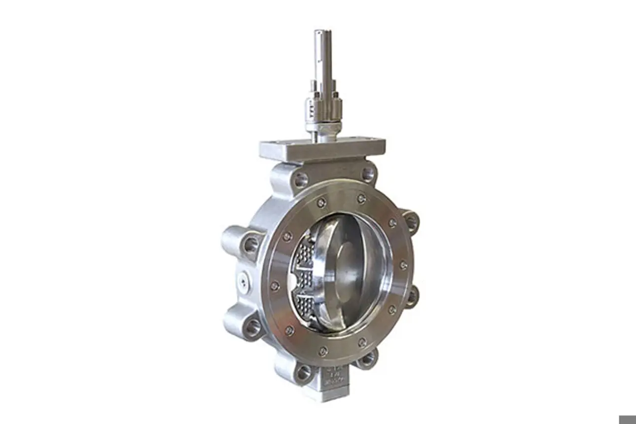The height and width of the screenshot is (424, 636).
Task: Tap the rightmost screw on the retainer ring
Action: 403,265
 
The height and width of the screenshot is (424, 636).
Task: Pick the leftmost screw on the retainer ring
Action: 275,285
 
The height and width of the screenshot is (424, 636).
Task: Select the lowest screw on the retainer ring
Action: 323,351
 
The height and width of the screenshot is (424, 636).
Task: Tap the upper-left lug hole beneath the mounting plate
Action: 300,180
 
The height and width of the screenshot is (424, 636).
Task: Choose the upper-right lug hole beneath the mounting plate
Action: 367,174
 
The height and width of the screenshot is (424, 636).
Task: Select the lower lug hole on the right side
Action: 411,296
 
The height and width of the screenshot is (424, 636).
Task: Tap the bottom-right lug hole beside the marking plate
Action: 367,359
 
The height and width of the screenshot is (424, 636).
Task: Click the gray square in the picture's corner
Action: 627,419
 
